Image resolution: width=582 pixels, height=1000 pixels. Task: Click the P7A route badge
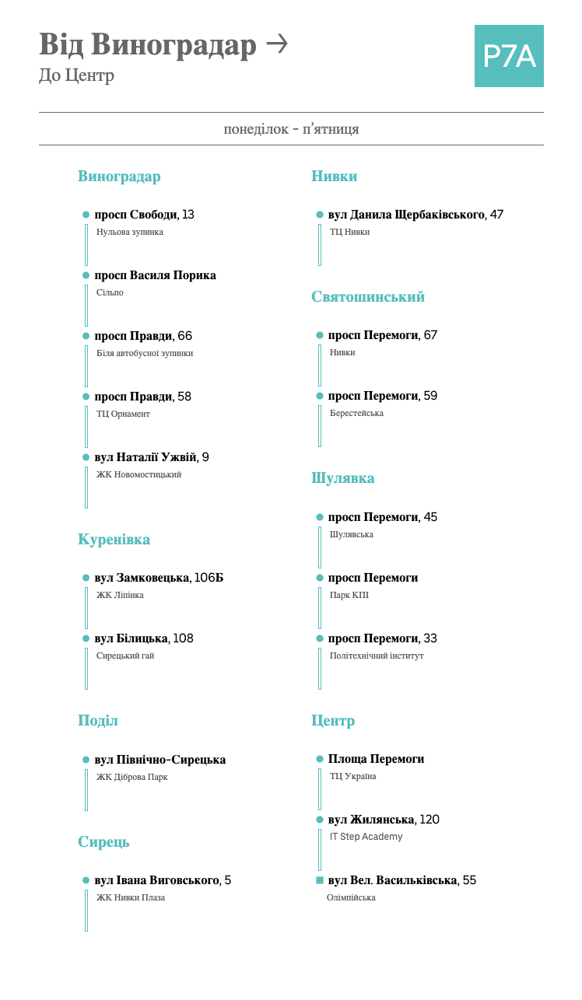click(x=509, y=56)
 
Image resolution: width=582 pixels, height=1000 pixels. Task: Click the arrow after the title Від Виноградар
click(x=276, y=44)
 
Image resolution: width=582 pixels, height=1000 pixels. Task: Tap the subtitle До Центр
click(x=76, y=75)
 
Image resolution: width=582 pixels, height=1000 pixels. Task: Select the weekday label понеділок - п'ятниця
click(x=291, y=129)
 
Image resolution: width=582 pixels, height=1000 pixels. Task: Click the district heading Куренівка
click(x=114, y=540)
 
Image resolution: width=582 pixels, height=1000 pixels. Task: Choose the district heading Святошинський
click(x=368, y=297)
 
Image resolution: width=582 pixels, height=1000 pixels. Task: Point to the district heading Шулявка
click(x=343, y=478)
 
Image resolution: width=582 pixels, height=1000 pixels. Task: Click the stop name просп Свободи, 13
click(x=144, y=215)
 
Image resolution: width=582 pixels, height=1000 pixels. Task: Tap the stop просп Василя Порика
click(x=155, y=275)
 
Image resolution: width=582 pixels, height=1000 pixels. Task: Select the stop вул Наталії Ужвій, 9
click(x=151, y=457)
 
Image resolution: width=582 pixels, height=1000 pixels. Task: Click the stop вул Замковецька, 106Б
click(x=159, y=578)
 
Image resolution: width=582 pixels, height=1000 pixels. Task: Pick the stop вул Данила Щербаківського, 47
click(x=415, y=215)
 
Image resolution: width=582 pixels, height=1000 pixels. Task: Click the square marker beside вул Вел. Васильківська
click(x=320, y=880)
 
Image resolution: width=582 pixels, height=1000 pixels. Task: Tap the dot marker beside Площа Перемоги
click(x=320, y=759)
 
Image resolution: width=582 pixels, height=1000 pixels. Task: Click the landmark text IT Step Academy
click(x=366, y=837)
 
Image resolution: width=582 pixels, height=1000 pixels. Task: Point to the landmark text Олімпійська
click(x=351, y=897)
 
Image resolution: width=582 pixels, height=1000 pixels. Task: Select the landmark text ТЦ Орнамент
click(x=123, y=414)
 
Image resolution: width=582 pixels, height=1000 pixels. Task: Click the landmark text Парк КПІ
click(x=349, y=595)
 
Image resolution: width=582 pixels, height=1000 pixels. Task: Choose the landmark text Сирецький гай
click(x=125, y=656)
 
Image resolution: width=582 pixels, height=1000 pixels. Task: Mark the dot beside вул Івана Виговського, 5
click(x=86, y=880)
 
